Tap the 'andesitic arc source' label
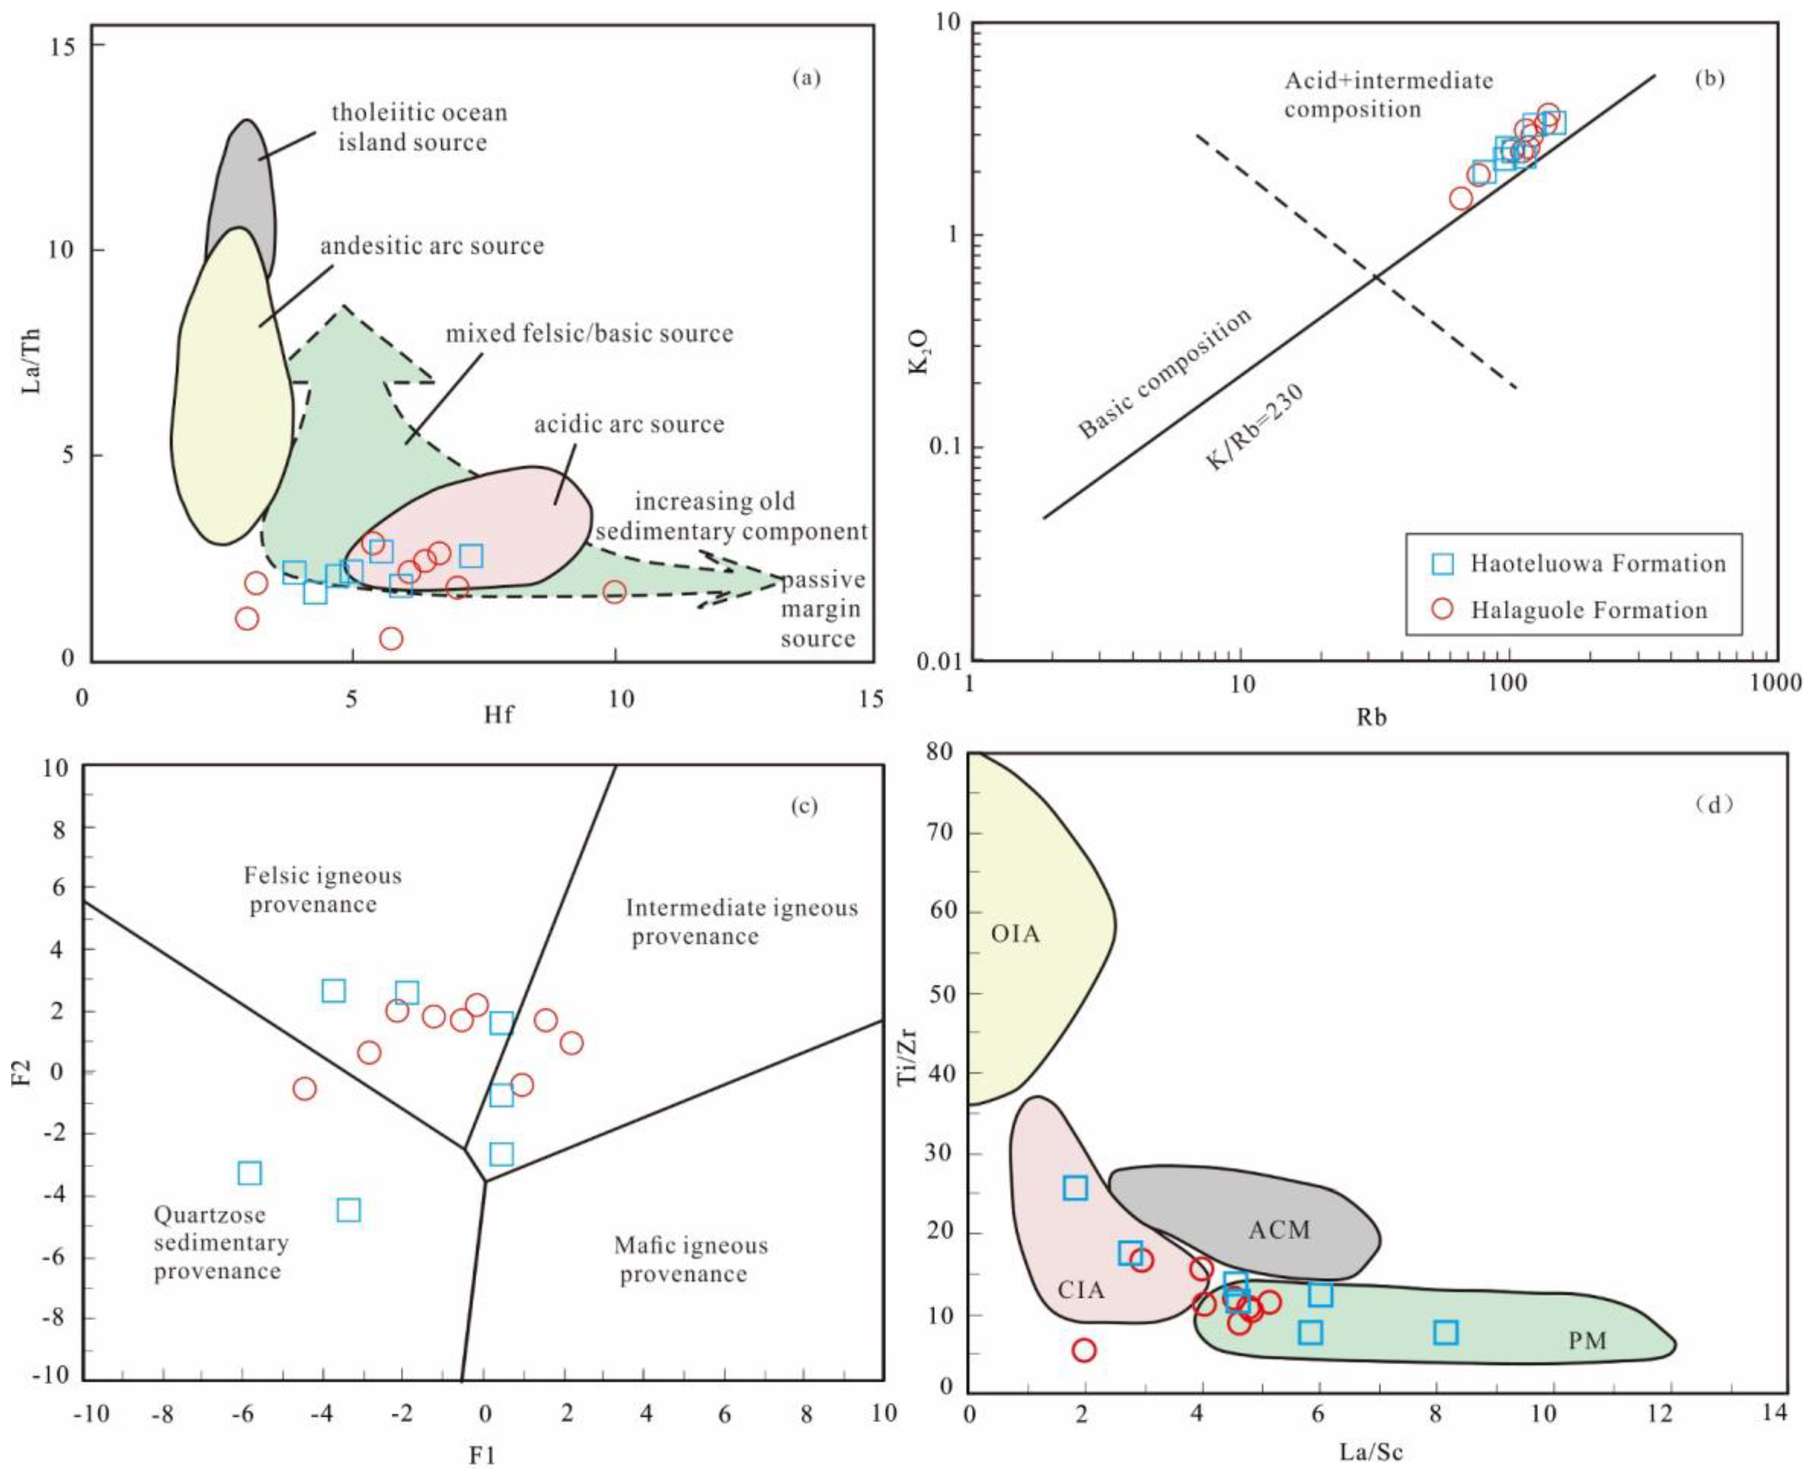[432, 246]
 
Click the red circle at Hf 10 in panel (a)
[614, 592]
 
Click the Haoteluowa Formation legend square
[1442, 564]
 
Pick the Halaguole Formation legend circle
[1442, 609]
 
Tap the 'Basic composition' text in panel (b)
[1165, 373]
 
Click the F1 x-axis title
[482, 1455]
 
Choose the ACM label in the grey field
[1279, 1229]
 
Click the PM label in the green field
[1586, 1341]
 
